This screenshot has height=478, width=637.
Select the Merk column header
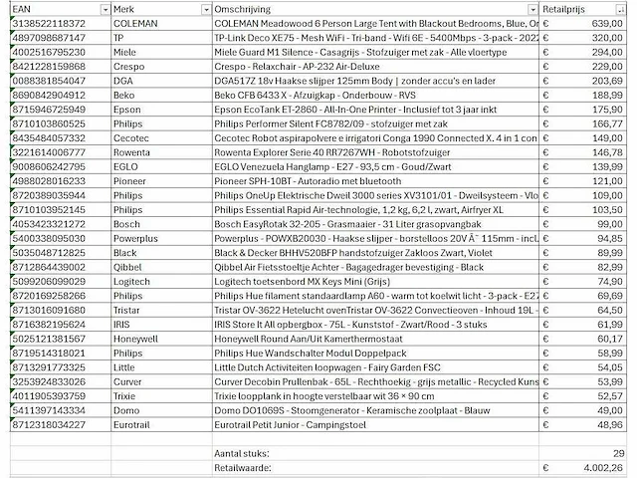tap(125, 8)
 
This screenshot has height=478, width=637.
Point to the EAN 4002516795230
tap(49, 50)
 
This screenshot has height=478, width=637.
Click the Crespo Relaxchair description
tap(288, 64)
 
